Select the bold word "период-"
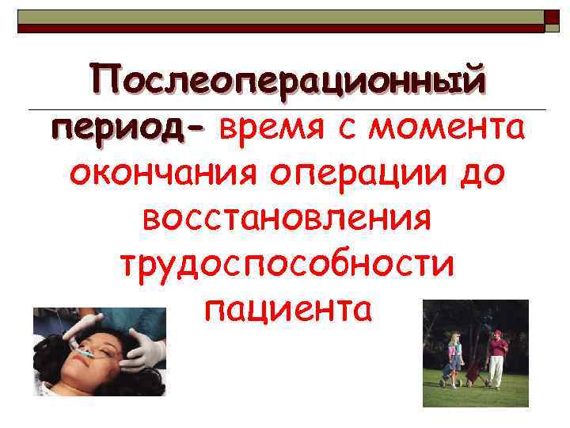[127, 127]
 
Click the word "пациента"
[287, 308]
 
